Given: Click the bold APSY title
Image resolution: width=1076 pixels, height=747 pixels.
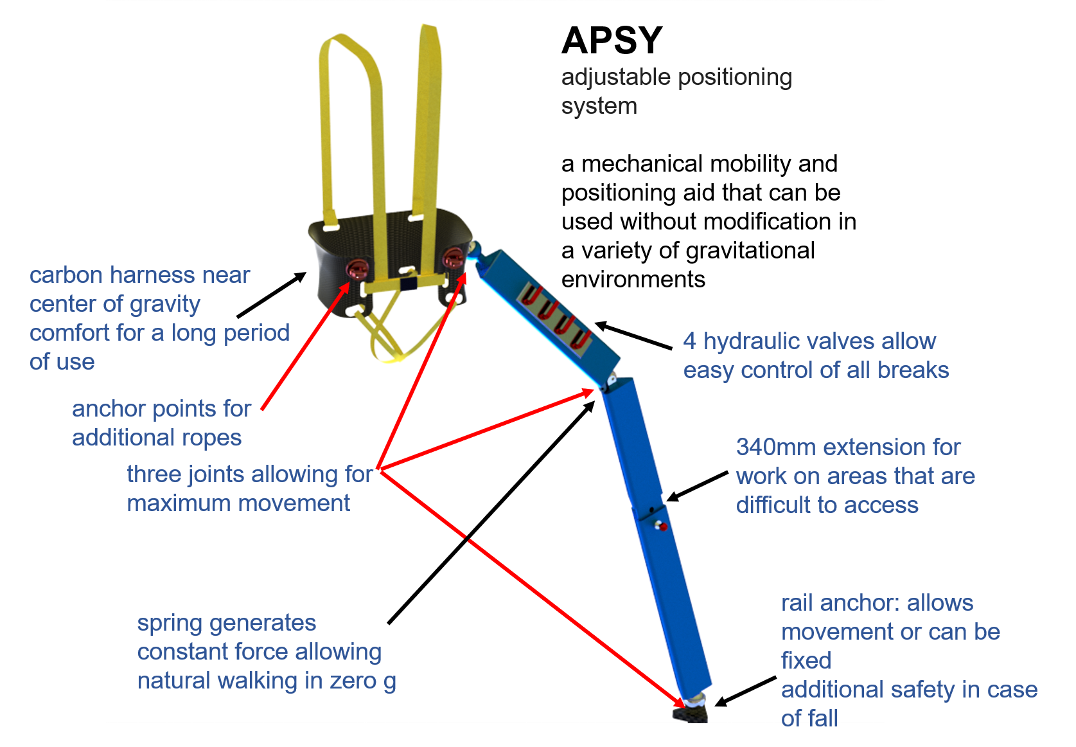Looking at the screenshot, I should pyautogui.click(x=611, y=41).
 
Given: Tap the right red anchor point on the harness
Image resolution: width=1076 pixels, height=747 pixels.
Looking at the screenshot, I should pyautogui.click(x=452, y=258).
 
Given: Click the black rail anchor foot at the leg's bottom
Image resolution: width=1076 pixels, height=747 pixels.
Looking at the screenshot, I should pyautogui.click(x=691, y=713).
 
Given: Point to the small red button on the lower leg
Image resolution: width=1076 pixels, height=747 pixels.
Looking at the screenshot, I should pyautogui.click(x=662, y=527).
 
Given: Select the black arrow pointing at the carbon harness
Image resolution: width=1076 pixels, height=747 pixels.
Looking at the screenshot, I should pyautogui.click(x=271, y=295).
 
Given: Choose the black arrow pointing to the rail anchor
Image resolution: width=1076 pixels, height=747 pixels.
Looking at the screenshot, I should pyautogui.click(x=745, y=691).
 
